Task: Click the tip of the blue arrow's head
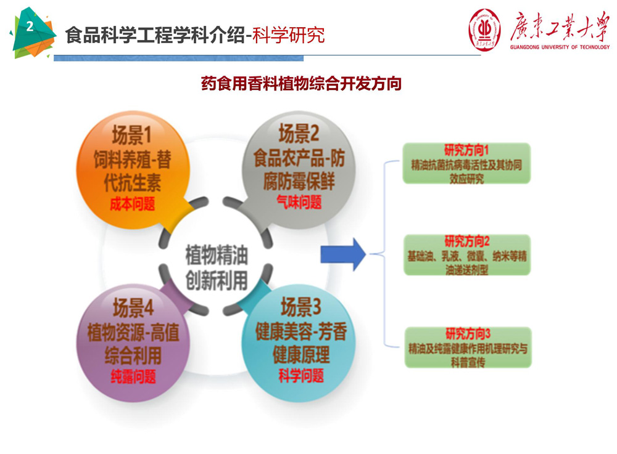coord(366,254)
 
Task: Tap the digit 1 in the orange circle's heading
coord(147,135)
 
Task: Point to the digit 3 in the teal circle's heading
coord(316,307)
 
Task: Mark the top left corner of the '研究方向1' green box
coord(403,144)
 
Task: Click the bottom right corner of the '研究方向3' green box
coord(532,368)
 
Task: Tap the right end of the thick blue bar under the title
coord(304,59)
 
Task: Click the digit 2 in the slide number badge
coord(30,26)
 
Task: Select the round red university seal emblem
coord(485,30)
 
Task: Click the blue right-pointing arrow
coord(344,254)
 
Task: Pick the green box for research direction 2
coord(467,255)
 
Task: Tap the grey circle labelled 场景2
coord(299,170)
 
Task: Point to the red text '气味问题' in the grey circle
coord(299,202)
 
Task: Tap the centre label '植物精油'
coord(217,255)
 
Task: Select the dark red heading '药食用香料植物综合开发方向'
coord(301,84)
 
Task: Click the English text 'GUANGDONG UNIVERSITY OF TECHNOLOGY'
coord(560,47)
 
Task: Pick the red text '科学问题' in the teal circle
coord(301,376)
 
